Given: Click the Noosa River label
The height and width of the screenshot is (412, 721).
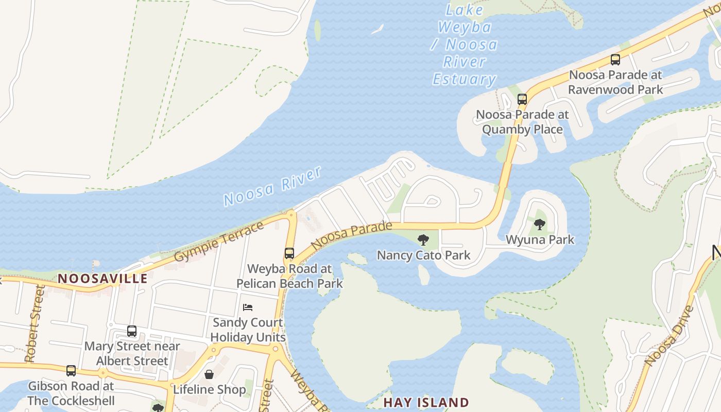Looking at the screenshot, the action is click(x=273, y=186).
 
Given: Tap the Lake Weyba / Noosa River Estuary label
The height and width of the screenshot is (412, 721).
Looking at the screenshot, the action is click(x=465, y=45).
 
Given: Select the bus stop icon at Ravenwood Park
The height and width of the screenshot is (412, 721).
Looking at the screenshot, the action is click(x=615, y=59).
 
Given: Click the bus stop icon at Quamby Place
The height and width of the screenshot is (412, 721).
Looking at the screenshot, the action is click(x=522, y=99).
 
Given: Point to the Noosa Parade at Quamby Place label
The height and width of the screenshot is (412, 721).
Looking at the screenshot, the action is click(x=522, y=122).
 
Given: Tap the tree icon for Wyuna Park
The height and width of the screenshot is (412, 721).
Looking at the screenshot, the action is click(x=539, y=224).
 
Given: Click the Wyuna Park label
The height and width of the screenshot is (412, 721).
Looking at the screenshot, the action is click(x=540, y=239).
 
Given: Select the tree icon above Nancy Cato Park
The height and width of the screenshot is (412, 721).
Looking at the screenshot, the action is click(x=423, y=239).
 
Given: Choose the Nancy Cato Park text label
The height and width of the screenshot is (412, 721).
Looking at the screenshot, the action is click(x=423, y=255).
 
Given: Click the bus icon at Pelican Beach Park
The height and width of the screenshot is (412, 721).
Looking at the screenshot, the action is click(x=289, y=253).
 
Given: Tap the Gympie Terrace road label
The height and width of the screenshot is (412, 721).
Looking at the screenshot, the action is click(x=219, y=242).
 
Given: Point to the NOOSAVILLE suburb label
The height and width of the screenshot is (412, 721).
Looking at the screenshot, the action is click(x=102, y=279).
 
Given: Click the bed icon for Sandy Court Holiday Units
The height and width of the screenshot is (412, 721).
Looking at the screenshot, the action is click(x=248, y=307).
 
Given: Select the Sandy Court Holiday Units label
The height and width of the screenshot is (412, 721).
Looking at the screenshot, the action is click(x=248, y=330).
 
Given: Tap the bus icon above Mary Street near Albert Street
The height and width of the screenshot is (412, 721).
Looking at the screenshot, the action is click(x=132, y=331).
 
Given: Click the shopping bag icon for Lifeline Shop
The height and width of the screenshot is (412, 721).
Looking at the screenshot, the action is click(x=209, y=374).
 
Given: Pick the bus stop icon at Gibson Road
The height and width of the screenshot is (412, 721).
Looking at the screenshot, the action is click(x=71, y=370).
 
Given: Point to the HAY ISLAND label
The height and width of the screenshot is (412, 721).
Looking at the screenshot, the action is click(x=426, y=402).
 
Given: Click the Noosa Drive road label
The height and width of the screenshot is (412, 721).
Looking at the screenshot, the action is click(x=669, y=336).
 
